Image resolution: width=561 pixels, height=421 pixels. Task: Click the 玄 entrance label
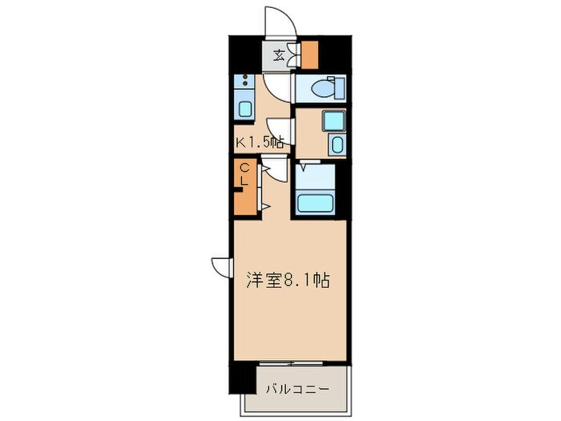pyautogui.click(x=277, y=55)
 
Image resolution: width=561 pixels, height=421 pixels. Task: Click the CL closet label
pyautogui.click(x=245, y=174)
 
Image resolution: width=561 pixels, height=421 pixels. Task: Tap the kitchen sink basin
pyautogui.click(x=245, y=106)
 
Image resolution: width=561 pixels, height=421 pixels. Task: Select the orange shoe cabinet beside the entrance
pyautogui.click(x=309, y=53)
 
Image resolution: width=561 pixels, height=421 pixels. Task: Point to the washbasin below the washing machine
pyautogui.click(x=337, y=146)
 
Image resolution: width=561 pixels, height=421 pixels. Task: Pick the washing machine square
pyautogui.click(x=333, y=121)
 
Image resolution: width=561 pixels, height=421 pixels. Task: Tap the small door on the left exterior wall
pyautogui.click(x=222, y=266)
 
